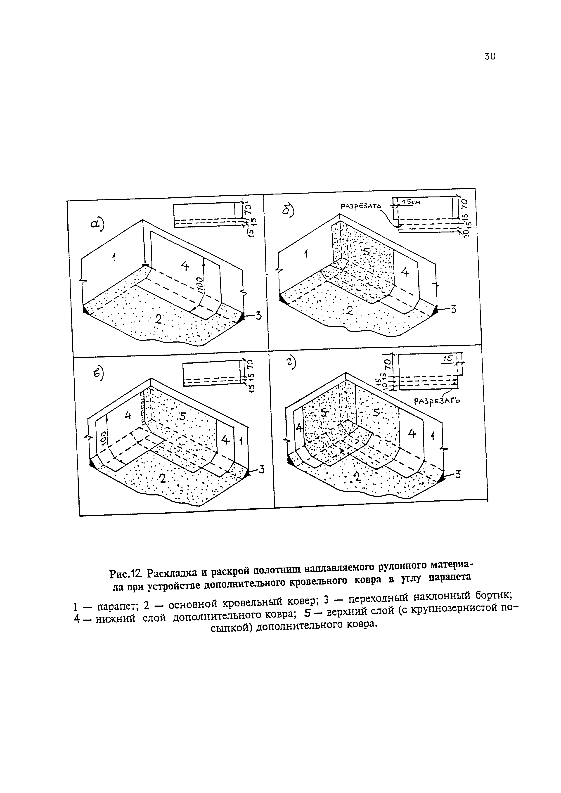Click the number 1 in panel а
coord(113,257)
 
